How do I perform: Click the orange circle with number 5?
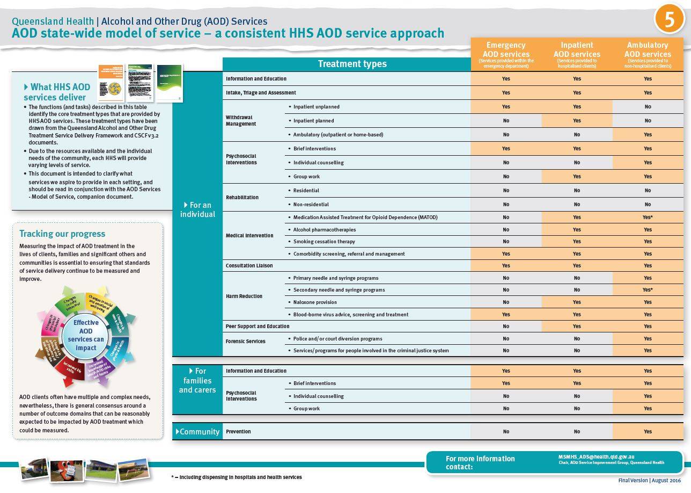[x=670, y=19]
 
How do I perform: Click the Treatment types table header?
[x=352, y=64]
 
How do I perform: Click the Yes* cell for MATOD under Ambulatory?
[x=648, y=218]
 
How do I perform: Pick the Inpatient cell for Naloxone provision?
[x=577, y=302]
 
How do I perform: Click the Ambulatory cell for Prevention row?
[x=648, y=432]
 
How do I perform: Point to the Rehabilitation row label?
[x=242, y=198]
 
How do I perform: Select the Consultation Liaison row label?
[x=249, y=266]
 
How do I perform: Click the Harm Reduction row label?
[x=244, y=296]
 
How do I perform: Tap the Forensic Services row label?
[x=246, y=342]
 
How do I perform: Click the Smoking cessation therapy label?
[x=324, y=242]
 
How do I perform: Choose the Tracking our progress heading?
[x=62, y=234]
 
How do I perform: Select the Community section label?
[x=197, y=432]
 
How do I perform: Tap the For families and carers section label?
[x=197, y=381]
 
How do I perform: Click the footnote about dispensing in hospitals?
[x=237, y=477]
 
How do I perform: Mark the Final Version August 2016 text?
[x=649, y=480]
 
